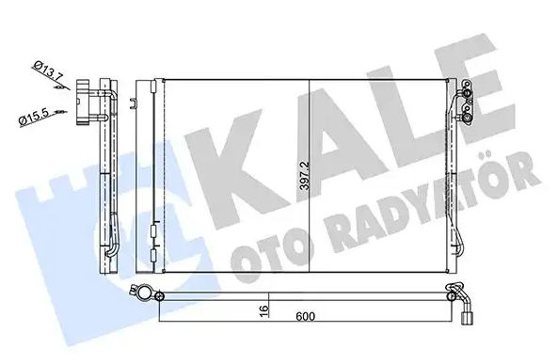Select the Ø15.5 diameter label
36,118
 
